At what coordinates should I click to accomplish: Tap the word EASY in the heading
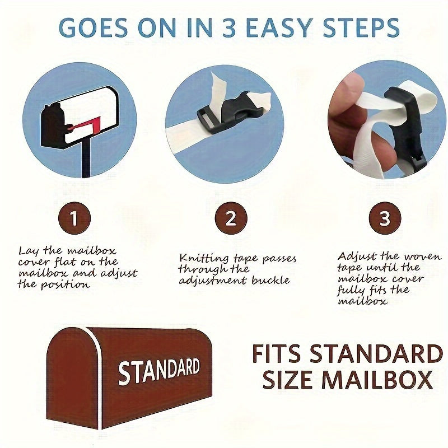pos(278,27)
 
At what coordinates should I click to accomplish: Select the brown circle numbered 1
pos(74,218)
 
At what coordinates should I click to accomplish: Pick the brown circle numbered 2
pos(231,218)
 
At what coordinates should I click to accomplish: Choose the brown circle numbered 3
pos(385,218)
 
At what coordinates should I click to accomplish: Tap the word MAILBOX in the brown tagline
pos(376,380)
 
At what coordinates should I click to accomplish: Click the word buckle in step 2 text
pos(270,280)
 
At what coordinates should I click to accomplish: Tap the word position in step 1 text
pos(65,284)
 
